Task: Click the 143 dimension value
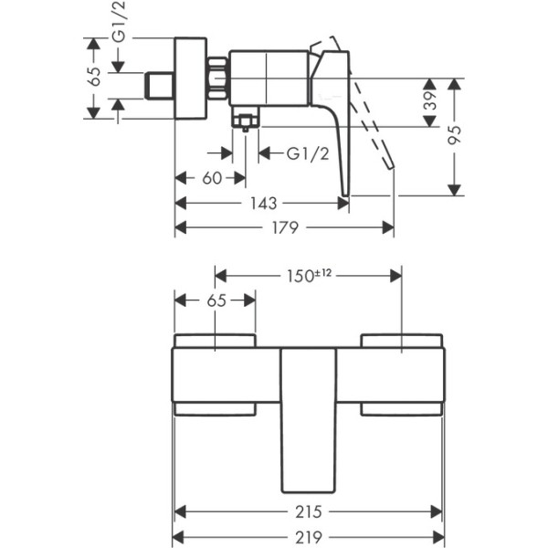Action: click(x=262, y=203)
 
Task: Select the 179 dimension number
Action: click(x=285, y=227)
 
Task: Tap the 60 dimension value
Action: click(x=212, y=179)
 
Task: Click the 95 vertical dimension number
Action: click(x=454, y=134)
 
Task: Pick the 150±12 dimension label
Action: click(x=308, y=275)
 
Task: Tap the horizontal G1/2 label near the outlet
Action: click(x=308, y=153)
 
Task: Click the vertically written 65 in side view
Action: click(x=94, y=78)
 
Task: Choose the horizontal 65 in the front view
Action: click(x=216, y=300)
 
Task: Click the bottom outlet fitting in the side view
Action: click(x=245, y=120)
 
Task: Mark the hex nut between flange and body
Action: click(x=218, y=78)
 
